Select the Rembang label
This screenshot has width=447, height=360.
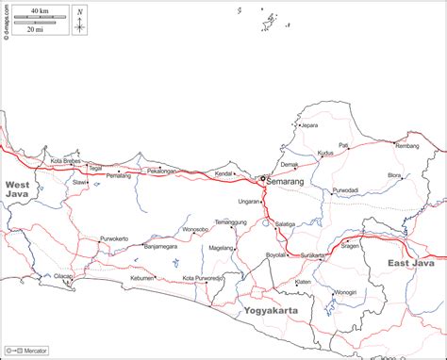coord(407,146)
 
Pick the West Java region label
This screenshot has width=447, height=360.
coord(18,188)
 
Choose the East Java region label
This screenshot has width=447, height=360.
coord(410,264)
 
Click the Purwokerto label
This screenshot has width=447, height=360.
coord(113,238)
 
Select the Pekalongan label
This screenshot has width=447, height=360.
coord(162,171)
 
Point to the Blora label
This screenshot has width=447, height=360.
coord(394,175)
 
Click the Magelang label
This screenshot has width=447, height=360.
coord(221,248)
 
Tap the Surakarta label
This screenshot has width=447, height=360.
coord(313,255)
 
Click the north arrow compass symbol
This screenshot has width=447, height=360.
coord(80,21)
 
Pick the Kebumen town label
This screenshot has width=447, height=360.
coord(142,278)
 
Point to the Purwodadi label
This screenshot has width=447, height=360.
coord(344,190)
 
